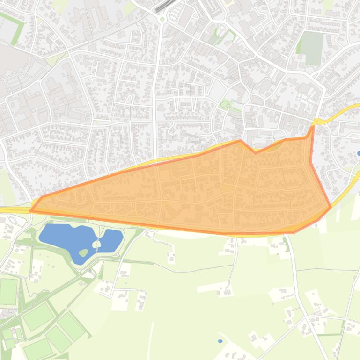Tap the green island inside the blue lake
coord(83,252)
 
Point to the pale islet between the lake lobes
coord(96,244)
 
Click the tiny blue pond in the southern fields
coord(220,341)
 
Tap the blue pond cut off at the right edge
coord(359,153)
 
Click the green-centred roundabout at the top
coord(162,19)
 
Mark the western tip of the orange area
coord(31,211)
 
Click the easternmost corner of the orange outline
coord(331,206)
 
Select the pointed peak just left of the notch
coord(240,141)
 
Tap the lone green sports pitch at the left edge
coord(8,291)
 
